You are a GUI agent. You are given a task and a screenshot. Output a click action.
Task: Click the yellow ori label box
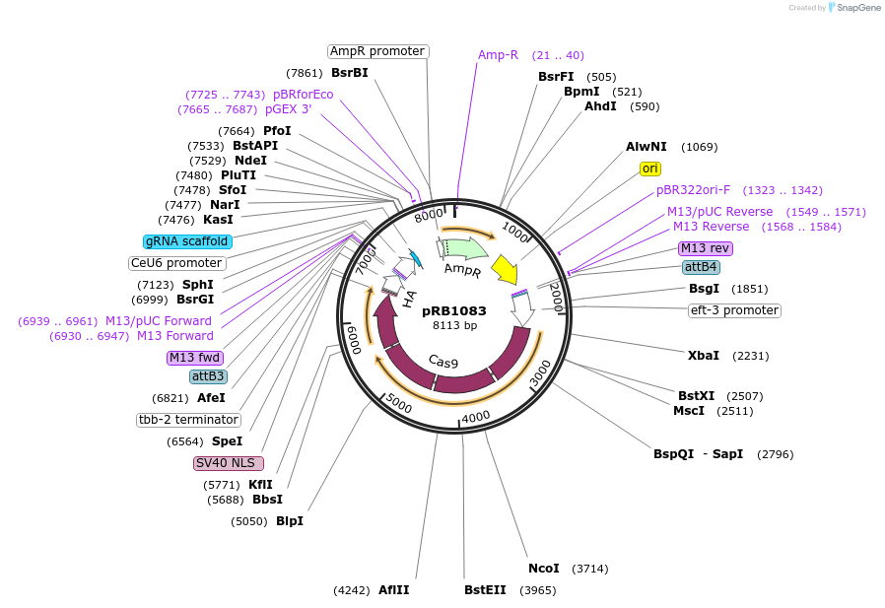[x=650, y=169]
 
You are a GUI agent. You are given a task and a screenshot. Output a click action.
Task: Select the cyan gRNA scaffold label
[x=187, y=241]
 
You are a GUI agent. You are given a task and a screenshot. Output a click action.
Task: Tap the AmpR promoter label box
[x=377, y=51]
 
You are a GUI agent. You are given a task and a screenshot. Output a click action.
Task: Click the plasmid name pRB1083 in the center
[x=454, y=310]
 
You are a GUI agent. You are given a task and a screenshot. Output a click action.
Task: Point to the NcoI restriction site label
[x=543, y=569]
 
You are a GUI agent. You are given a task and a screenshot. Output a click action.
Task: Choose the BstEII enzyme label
[x=485, y=590]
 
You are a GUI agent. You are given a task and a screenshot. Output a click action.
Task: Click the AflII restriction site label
[x=393, y=590]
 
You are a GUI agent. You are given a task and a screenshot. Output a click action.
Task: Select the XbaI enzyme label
[x=703, y=356]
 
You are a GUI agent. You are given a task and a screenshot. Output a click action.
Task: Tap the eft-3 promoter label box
[x=734, y=310]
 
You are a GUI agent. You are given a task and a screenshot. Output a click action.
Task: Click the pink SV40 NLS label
[x=229, y=463]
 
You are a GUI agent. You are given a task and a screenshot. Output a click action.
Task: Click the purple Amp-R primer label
[x=498, y=55]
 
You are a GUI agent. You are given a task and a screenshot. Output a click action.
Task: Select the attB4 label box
[x=701, y=267]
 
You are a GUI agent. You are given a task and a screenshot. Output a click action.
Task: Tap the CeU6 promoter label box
[x=177, y=263]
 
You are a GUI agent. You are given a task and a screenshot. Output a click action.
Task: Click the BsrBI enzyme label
[x=349, y=73]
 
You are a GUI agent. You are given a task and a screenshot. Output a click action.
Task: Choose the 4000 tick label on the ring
[x=476, y=417]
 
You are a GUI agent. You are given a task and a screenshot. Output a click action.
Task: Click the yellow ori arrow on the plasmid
[x=504, y=268]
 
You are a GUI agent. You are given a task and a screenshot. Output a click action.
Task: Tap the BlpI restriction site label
[x=290, y=521]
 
